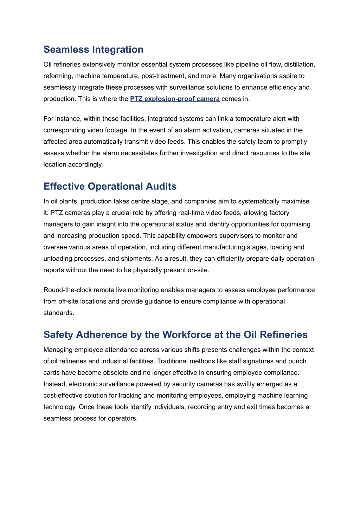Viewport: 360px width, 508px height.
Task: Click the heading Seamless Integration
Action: tap(93, 50)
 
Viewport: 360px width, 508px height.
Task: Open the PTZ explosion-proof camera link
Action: tap(175, 99)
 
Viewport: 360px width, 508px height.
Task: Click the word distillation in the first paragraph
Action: tap(299, 65)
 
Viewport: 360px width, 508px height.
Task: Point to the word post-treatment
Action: tap(163, 76)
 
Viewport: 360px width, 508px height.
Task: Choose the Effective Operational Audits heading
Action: tap(110, 187)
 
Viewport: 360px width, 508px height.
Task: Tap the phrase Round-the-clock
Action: tap(66, 290)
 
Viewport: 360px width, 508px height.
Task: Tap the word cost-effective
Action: tap(67, 396)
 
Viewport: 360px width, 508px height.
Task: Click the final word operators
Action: tap(124, 418)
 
